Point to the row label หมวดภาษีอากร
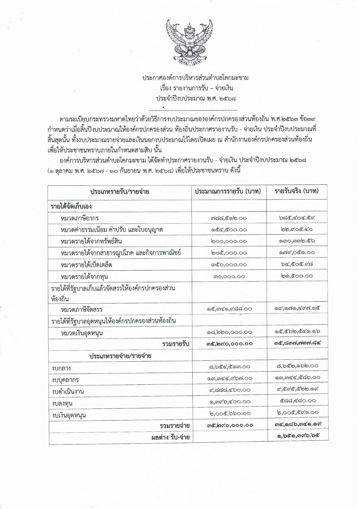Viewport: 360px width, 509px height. point(80,218)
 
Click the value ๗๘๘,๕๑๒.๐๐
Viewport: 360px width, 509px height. point(229,218)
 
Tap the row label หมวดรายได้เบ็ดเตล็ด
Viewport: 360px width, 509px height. point(86,265)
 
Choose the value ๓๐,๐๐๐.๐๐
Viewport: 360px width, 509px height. point(229,276)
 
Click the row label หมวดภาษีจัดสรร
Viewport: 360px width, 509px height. point(82,310)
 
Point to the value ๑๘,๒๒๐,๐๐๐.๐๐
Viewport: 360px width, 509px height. point(229,332)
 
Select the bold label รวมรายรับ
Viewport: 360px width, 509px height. point(176,344)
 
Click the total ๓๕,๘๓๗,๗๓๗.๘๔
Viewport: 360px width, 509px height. point(296,343)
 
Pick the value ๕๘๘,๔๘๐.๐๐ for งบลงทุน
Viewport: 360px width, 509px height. point(296,401)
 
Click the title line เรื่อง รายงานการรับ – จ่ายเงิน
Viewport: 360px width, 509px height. point(195,89)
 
